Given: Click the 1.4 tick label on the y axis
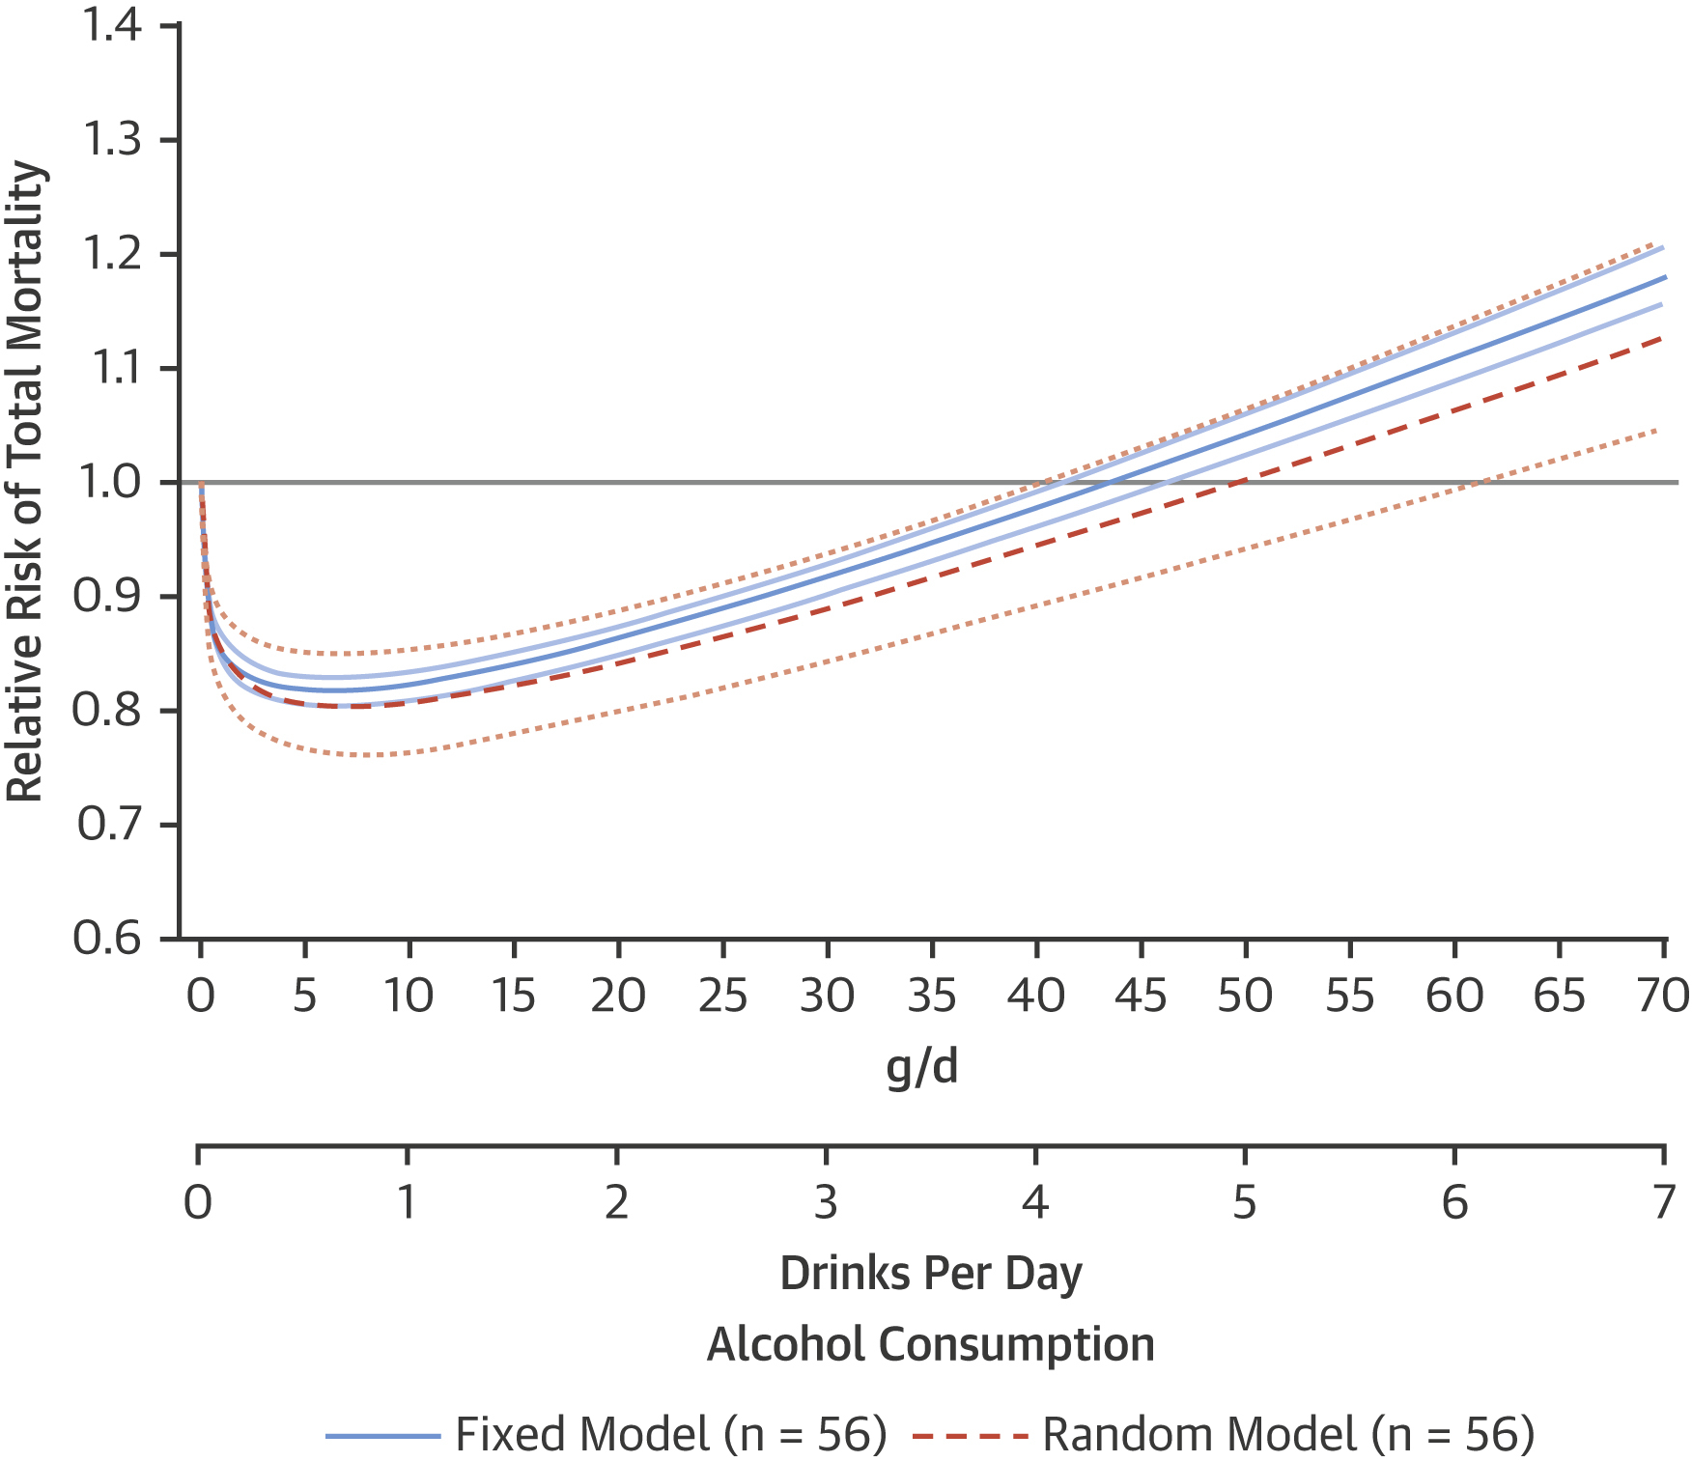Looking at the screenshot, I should pyautogui.click(x=112, y=26).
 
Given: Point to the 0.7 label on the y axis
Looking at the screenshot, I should pyautogui.click(x=109, y=825).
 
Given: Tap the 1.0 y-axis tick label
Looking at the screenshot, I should pyautogui.click(x=109, y=482).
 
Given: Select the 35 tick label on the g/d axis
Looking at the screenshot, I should pyautogui.click(x=931, y=996).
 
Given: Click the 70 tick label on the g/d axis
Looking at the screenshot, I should pyautogui.click(x=1662, y=996).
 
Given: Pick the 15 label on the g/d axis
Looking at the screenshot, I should pyautogui.click(x=513, y=996).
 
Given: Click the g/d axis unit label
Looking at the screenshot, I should pyautogui.click(x=922, y=1067).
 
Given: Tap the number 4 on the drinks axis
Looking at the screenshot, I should pyautogui.click(x=1035, y=1202).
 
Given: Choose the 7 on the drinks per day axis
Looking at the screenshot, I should pyautogui.click(x=1663, y=1202).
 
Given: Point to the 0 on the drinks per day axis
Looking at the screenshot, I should pyautogui.click(x=198, y=1202).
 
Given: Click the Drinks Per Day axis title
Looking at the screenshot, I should pyautogui.click(x=931, y=1274).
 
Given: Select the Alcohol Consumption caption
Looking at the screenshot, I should pyautogui.click(x=931, y=1344).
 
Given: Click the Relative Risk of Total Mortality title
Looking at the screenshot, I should pyautogui.click(x=26, y=482).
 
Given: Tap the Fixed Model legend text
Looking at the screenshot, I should pyautogui.click(x=671, y=1435).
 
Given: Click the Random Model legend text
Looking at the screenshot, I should pyautogui.click(x=1288, y=1435).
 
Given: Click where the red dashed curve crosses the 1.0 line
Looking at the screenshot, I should pyautogui.click(x=1238, y=482).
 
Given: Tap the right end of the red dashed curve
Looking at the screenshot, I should pyautogui.click(x=1661, y=338).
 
